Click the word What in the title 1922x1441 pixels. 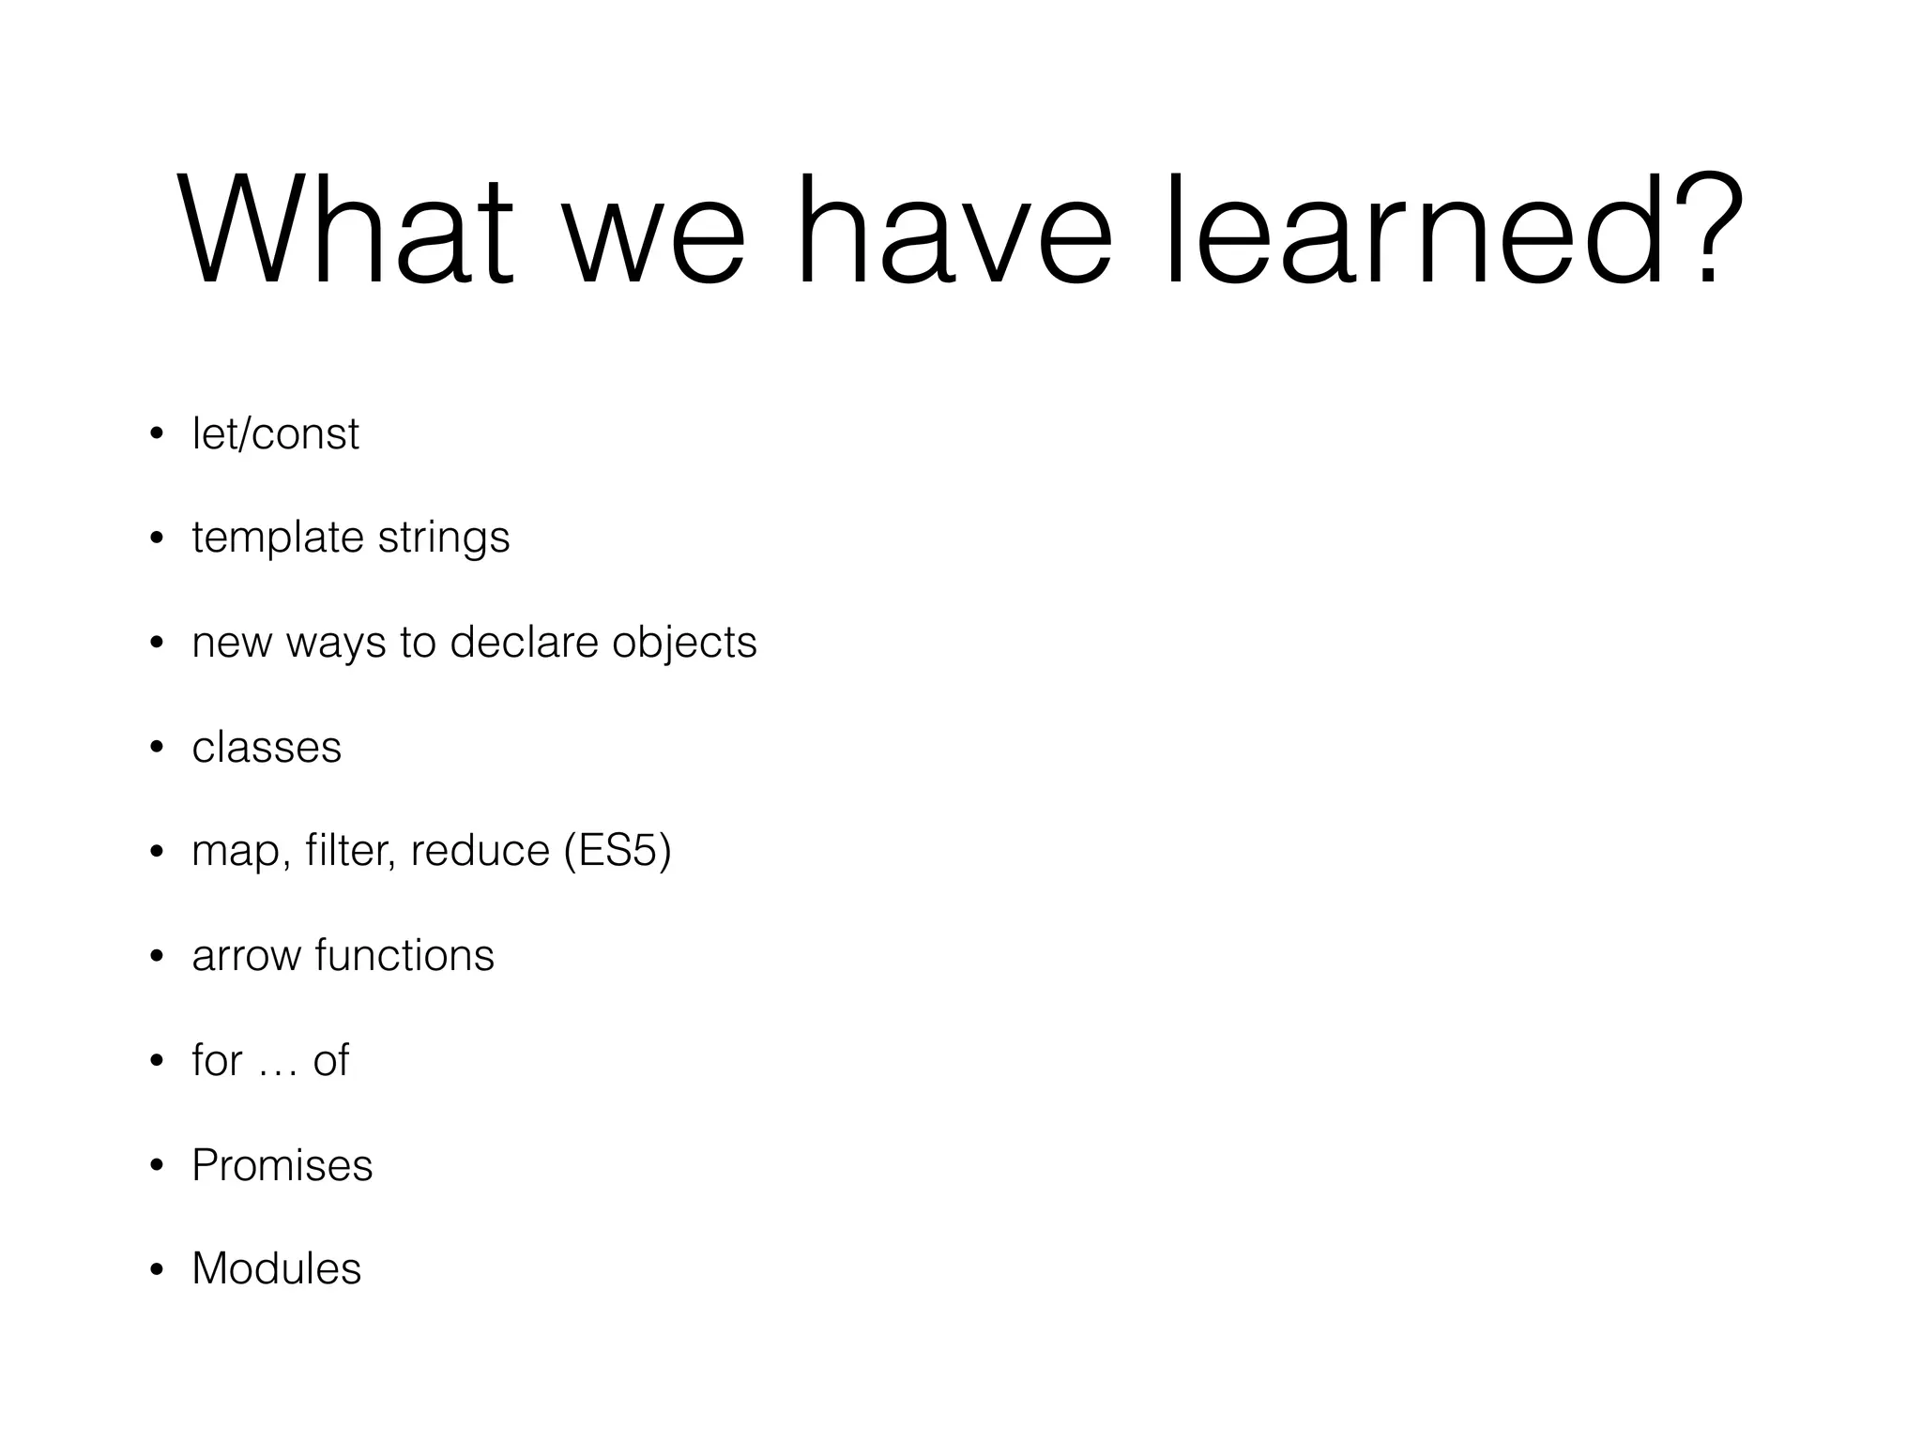point(344,230)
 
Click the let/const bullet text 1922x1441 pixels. point(275,434)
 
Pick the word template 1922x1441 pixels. point(277,538)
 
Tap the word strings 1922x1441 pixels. point(444,538)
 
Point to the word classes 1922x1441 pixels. point(267,748)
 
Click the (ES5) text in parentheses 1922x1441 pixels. point(618,851)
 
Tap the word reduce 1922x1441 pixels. point(480,851)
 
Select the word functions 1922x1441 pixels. point(404,956)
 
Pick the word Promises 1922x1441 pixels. point(282,1165)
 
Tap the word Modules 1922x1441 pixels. point(276,1268)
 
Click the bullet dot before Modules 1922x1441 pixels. point(157,1270)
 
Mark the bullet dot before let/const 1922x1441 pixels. point(157,434)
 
